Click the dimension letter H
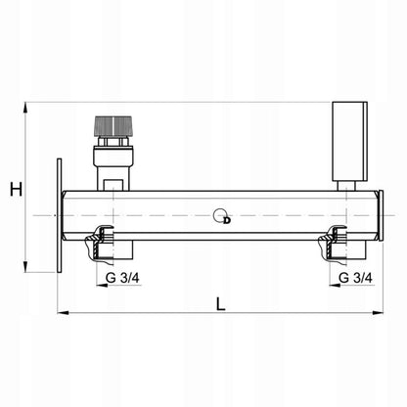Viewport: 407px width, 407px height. [x=16, y=189]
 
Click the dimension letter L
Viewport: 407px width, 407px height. [x=221, y=304]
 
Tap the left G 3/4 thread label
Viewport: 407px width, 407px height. [x=122, y=278]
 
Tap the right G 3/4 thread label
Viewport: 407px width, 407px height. [x=355, y=278]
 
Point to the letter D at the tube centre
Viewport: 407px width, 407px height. [x=227, y=220]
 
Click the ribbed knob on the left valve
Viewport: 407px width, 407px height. [x=113, y=126]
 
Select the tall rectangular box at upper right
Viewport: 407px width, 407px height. [x=349, y=141]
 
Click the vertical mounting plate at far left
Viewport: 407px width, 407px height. [x=59, y=215]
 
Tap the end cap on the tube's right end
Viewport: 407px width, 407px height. [x=381, y=215]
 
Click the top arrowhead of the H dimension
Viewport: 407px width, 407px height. [x=25, y=107]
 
